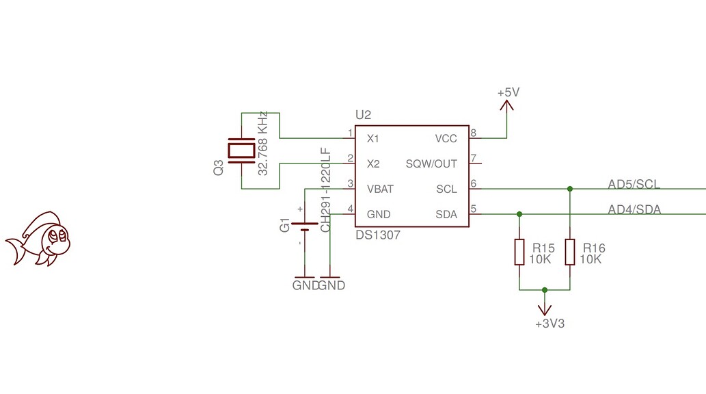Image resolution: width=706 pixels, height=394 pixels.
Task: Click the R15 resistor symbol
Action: (x=519, y=252)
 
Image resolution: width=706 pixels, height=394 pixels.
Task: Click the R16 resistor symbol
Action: (x=569, y=252)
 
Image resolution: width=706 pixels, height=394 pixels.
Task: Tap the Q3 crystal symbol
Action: (x=242, y=150)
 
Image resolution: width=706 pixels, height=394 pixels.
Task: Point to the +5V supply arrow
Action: (x=506, y=105)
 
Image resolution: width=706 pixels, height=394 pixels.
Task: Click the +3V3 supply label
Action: (x=549, y=324)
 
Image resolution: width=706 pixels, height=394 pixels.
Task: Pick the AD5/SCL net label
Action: (x=634, y=183)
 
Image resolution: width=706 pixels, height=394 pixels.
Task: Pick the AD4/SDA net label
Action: (x=634, y=209)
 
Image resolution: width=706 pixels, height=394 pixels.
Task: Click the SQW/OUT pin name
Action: (x=431, y=164)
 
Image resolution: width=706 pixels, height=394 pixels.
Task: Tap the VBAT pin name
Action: (x=380, y=189)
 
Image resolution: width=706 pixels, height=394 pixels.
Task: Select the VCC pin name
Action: (x=446, y=139)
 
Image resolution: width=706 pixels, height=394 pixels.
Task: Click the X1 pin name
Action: (x=373, y=139)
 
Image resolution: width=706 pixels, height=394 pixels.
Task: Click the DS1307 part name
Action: (x=378, y=235)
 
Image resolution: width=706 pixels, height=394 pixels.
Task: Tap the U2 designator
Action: (x=363, y=114)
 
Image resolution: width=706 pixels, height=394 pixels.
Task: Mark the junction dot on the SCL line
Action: (x=569, y=189)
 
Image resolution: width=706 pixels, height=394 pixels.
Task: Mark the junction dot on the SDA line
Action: (x=519, y=214)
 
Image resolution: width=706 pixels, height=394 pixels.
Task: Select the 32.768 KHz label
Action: (x=262, y=144)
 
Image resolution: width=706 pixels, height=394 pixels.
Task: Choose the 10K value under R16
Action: (x=590, y=260)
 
